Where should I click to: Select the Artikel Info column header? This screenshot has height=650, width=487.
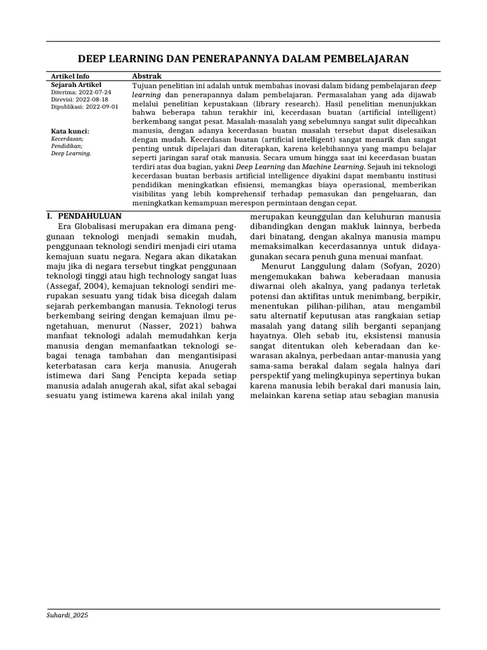(x=70, y=76)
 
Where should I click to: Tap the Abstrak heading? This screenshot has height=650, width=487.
(x=146, y=76)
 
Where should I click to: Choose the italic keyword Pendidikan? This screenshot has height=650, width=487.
(x=67, y=145)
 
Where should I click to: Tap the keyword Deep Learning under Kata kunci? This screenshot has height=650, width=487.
(x=71, y=154)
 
